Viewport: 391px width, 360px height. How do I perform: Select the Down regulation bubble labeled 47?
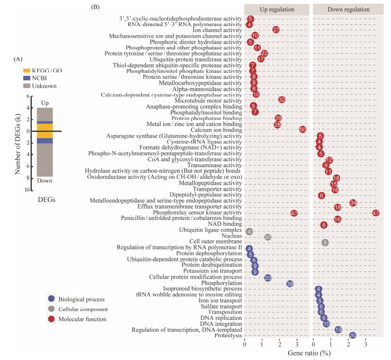pyautogui.click(x=375, y=213)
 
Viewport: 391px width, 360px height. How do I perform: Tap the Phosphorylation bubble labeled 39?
pyautogui.click(x=289, y=284)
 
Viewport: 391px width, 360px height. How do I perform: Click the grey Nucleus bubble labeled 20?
pyautogui.click(x=268, y=237)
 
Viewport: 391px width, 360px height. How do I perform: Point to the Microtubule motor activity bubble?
pyautogui.click(x=281, y=100)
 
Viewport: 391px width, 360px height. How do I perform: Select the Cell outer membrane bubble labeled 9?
pyautogui.click(x=325, y=243)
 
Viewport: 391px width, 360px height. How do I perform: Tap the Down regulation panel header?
pyautogui.click(x=348, y=10)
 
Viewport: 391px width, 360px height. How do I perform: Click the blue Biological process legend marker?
pyautogui.click(x=51, y=299)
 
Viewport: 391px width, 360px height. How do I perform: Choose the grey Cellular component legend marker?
pyautogui.click(x=51, y=309)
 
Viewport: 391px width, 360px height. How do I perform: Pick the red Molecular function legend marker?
pyautogui.click(x=51, y=319)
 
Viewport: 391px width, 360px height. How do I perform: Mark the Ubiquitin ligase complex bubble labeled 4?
pyautogui.click(x=249, y=231)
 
